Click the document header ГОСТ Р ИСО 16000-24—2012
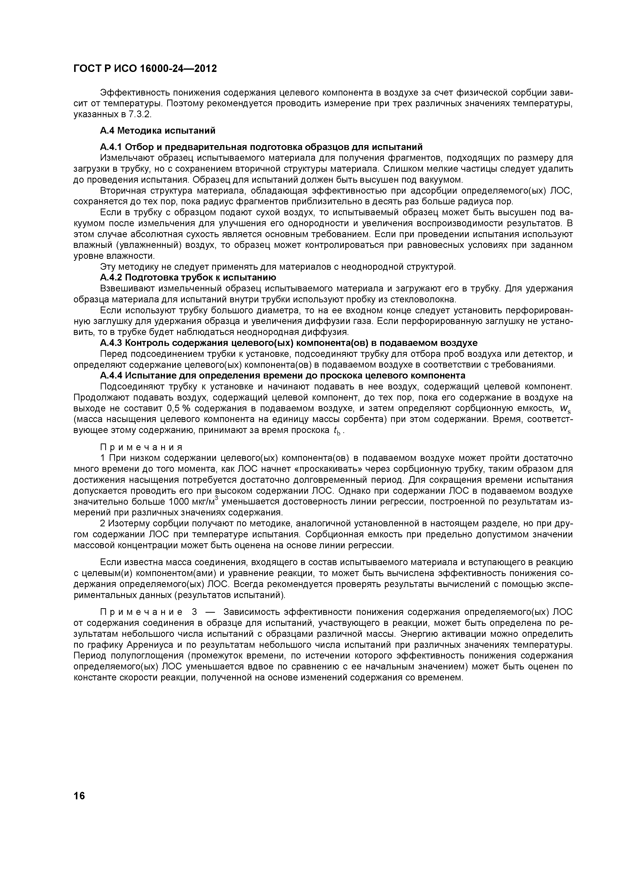coord(145,69)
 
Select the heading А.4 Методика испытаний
coord(157,131)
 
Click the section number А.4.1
coord(111,147)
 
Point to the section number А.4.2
coord(111,277)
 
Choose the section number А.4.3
coord(111,343)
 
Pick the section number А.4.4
coord(111,376)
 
